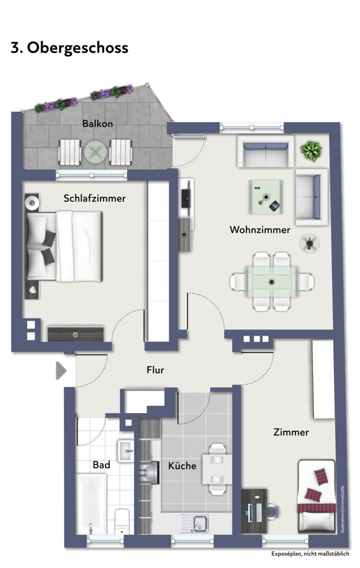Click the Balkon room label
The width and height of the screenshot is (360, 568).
(x=98, y=124)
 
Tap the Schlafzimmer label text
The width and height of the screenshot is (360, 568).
(x=95, y=198)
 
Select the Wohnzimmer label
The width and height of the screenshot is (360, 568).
(x=260, y=230)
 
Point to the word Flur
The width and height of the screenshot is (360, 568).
(x=155, y=370)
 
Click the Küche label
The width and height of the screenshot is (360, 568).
(x=182, y=466)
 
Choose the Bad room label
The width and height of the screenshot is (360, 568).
(x=101, y=465)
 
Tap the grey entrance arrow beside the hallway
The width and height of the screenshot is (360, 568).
(x=61, y=371)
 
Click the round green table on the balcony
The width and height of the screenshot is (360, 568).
(x=95, y=152)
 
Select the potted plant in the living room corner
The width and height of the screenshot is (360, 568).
(x=311, y=151)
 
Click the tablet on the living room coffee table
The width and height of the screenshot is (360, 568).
(x=274, y=205)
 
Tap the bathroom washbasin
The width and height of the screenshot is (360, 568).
(x=126, y=451)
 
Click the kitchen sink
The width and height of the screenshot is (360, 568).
(x=195, y=524)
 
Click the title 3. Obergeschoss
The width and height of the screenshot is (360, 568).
(x=70, y=48)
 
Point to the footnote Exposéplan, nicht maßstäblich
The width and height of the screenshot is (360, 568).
(x=310, y=554)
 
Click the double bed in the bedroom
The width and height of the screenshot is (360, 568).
(x=64, y=247)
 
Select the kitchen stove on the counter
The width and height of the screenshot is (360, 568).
(x=149, y=472)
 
